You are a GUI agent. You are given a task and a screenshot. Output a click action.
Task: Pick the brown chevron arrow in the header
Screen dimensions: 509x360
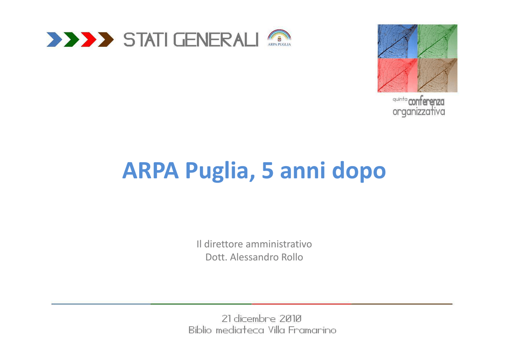[x=106, y=39]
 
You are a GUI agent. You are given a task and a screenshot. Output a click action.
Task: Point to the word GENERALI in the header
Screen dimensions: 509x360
[x=216, y=40]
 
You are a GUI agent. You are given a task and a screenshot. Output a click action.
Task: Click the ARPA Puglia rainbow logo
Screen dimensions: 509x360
[x=279, y=38]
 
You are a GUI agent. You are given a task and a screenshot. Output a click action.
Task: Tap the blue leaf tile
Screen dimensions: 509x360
[x=397, y=42]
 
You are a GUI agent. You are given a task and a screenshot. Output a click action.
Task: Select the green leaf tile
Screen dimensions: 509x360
[x=437, y=42]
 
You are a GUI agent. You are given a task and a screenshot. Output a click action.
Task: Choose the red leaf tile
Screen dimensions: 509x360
[x=397, y=75]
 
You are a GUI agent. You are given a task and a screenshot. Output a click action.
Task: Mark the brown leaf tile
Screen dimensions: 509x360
[x=437, y=75]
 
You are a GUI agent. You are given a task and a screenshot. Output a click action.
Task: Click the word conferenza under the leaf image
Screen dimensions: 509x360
[x=426, y=101]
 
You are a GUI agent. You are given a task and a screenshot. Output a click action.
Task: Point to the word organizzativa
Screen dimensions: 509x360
[x=419, y=112]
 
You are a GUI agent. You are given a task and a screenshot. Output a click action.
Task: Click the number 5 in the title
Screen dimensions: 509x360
[x=267, y=171]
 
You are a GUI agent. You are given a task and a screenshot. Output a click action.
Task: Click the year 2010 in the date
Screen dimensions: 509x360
[x=290, y=318]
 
